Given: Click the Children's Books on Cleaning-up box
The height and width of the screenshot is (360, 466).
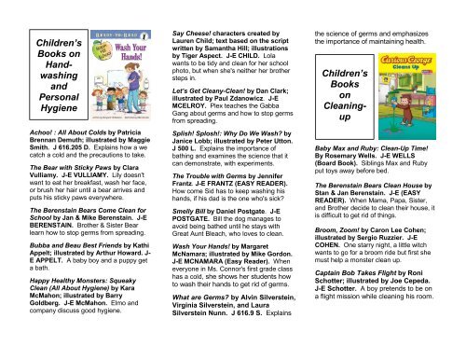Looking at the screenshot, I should point(350,121).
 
